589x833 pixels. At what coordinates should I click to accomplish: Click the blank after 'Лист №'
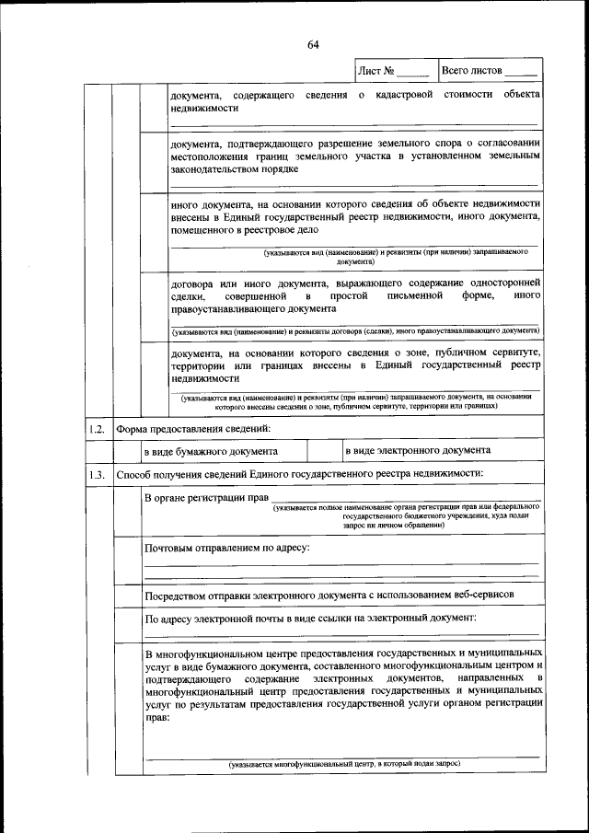412,70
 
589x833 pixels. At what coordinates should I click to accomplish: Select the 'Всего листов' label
472,69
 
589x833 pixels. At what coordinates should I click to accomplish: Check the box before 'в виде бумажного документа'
126,451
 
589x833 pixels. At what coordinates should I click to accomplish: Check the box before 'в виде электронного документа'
324,451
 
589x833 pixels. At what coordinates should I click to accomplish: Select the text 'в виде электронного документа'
418,450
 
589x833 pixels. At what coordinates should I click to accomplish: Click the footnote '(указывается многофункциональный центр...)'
343,763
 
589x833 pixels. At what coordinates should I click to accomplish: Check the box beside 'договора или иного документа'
154,307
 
